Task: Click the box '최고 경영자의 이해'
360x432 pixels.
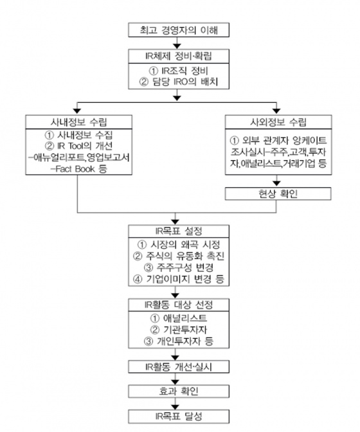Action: click(179, 30)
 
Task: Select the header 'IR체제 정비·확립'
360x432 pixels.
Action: click(179, 56)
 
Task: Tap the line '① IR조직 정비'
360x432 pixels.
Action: click(179, 71)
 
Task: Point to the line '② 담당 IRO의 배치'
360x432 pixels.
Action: click(179, 82)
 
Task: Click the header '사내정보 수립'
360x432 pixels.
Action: click(79, 122)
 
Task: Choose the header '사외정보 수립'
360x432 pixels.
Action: click(278, 122)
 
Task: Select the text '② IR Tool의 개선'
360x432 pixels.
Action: click(79, 146)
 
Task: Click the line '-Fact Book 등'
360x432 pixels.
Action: click(79, 168)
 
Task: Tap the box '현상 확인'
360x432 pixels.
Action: click(278, 194)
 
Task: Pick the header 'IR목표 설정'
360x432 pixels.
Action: click(179, 231)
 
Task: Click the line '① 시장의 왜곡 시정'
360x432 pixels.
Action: click(179, 244)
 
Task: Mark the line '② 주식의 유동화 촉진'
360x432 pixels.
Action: click(179, 256)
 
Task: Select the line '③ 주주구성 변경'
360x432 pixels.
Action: click(179, 267)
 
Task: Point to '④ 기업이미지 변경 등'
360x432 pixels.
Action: click(179, 279)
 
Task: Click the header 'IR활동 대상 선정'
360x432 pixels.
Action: click(179, 305)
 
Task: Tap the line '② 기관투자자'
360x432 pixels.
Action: click(179, 330)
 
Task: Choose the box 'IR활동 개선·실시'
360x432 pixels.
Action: click(179, 367)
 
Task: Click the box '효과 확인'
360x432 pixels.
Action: click(179, 392)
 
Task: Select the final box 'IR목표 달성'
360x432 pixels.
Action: click(179, 417)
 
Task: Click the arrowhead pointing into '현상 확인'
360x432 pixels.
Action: click(276, 183)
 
